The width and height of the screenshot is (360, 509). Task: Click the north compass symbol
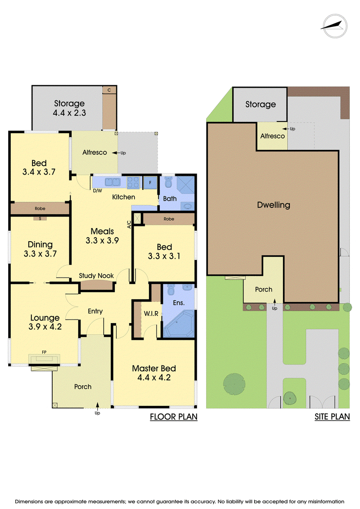click(335, 26)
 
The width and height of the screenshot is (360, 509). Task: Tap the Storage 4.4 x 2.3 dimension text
click(69, 113)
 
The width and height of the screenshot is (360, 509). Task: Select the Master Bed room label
click(154, 369)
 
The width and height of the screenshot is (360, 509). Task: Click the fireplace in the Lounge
click(44, 359)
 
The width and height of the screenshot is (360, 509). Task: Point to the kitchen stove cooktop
click(133, 182)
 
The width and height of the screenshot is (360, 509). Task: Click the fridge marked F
click(150, 182)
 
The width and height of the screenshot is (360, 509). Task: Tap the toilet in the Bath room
click(168, 182)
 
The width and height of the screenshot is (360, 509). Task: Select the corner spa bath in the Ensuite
click(179, 324)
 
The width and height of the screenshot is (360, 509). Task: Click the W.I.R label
click(151, 314)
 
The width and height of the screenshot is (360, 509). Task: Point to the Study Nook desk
click(97, 285)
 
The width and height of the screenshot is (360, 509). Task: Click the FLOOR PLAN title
click(174, 417)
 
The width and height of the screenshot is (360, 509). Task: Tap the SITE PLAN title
click(332, 417)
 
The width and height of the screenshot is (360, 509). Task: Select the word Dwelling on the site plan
click(274, 205)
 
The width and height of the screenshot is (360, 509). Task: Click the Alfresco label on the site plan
click(272, 136)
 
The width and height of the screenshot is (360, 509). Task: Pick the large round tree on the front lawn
click(234, 384)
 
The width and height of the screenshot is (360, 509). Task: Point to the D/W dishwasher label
click(97, 191)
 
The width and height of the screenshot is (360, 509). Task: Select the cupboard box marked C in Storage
click(109, 90)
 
